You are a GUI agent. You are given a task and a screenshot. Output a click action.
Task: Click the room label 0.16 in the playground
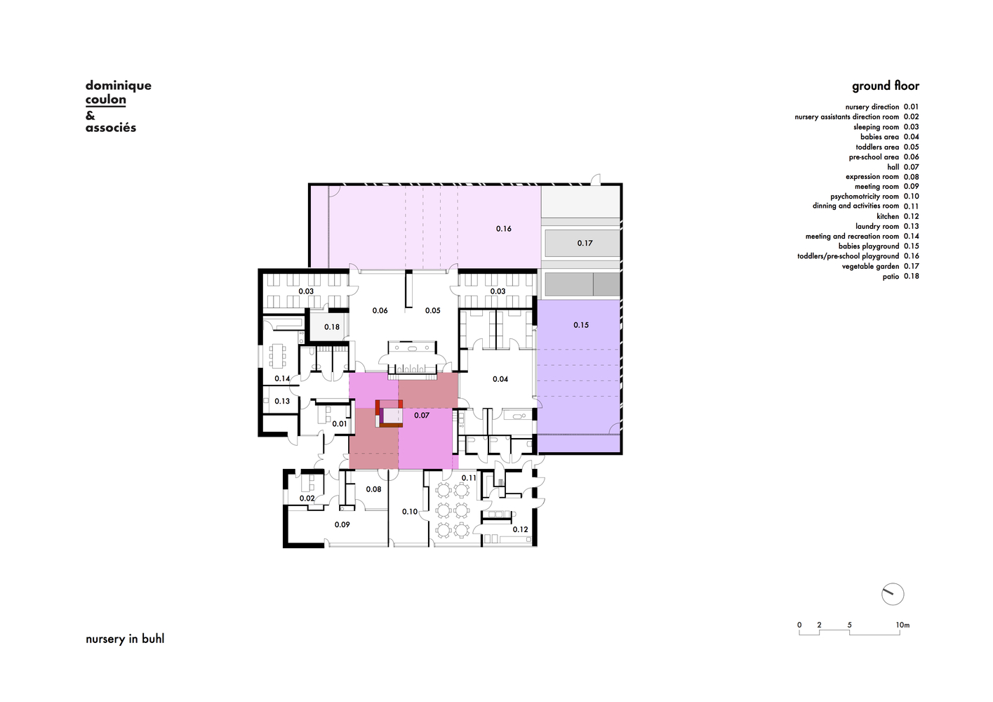504,229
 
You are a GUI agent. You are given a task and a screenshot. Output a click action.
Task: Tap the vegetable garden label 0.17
585,243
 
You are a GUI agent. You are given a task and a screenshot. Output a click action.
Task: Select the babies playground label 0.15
581,325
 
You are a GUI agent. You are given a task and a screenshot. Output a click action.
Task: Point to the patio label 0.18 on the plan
332,327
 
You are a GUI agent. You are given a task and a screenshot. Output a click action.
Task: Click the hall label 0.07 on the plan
422,416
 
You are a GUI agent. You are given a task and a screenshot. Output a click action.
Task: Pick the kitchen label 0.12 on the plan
521,529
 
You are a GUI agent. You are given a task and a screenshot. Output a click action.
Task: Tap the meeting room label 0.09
342,524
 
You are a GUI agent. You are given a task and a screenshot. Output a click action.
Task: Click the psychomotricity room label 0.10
410,512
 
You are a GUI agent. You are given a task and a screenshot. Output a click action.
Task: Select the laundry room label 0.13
282,402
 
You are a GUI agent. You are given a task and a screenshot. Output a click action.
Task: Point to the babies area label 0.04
500,379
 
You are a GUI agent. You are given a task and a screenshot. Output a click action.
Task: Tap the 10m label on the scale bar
902,625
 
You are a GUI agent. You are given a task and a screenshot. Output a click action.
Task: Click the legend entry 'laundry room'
877,226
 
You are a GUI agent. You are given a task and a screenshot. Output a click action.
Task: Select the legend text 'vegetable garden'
871,266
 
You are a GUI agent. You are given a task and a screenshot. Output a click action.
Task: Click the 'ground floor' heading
886,86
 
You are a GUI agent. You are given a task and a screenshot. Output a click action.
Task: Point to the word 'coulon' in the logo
105,100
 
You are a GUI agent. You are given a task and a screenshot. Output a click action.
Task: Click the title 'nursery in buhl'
125,639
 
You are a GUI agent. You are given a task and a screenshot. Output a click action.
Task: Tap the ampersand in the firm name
90,116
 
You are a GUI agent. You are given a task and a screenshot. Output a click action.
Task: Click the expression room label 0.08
374,489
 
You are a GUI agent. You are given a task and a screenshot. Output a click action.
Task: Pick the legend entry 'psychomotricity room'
865,197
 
